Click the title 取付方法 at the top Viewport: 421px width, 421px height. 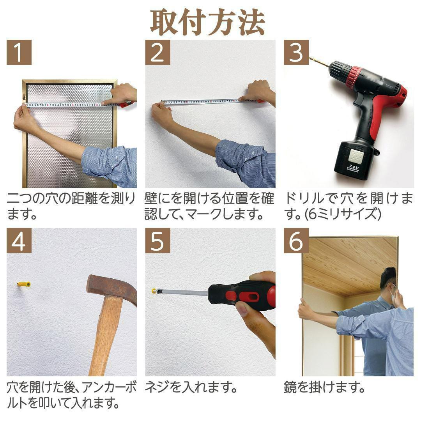coord(207,22)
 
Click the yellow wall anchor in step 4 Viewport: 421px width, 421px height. coord(23,284)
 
